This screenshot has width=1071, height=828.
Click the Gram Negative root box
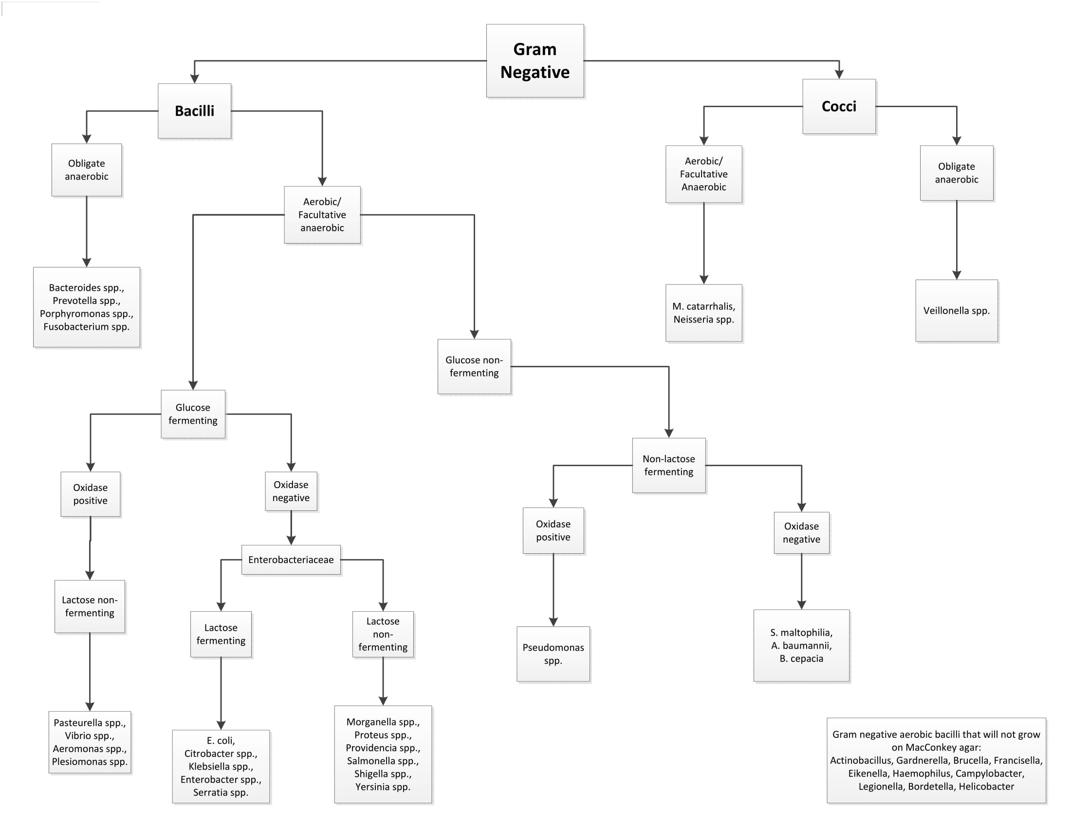(x=535, y=61)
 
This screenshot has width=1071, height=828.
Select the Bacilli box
(x=195, y=111)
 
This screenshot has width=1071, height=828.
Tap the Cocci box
(x=839, y=107)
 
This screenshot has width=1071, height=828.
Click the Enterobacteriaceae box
(x=291, y=560)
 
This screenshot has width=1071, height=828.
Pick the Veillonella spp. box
(x=957, y=311)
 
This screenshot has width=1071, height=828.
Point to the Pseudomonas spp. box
(x=553, y=654)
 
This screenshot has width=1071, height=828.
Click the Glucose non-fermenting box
(x=474, y=366)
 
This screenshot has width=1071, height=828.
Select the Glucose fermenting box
(x=193, y=414)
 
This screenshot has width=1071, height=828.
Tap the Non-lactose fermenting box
(x=669, y=465)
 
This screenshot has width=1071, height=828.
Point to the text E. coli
(x=221, y=741)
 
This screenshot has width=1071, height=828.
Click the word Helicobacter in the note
(x=987, y=786)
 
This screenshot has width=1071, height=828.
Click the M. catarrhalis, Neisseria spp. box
(x=704, y=313)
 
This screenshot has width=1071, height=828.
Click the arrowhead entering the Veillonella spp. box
(x=957, y=275)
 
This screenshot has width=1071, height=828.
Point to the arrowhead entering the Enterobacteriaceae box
(x=291, y=541)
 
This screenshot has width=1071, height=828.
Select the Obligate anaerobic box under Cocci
(x=957, y=173)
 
